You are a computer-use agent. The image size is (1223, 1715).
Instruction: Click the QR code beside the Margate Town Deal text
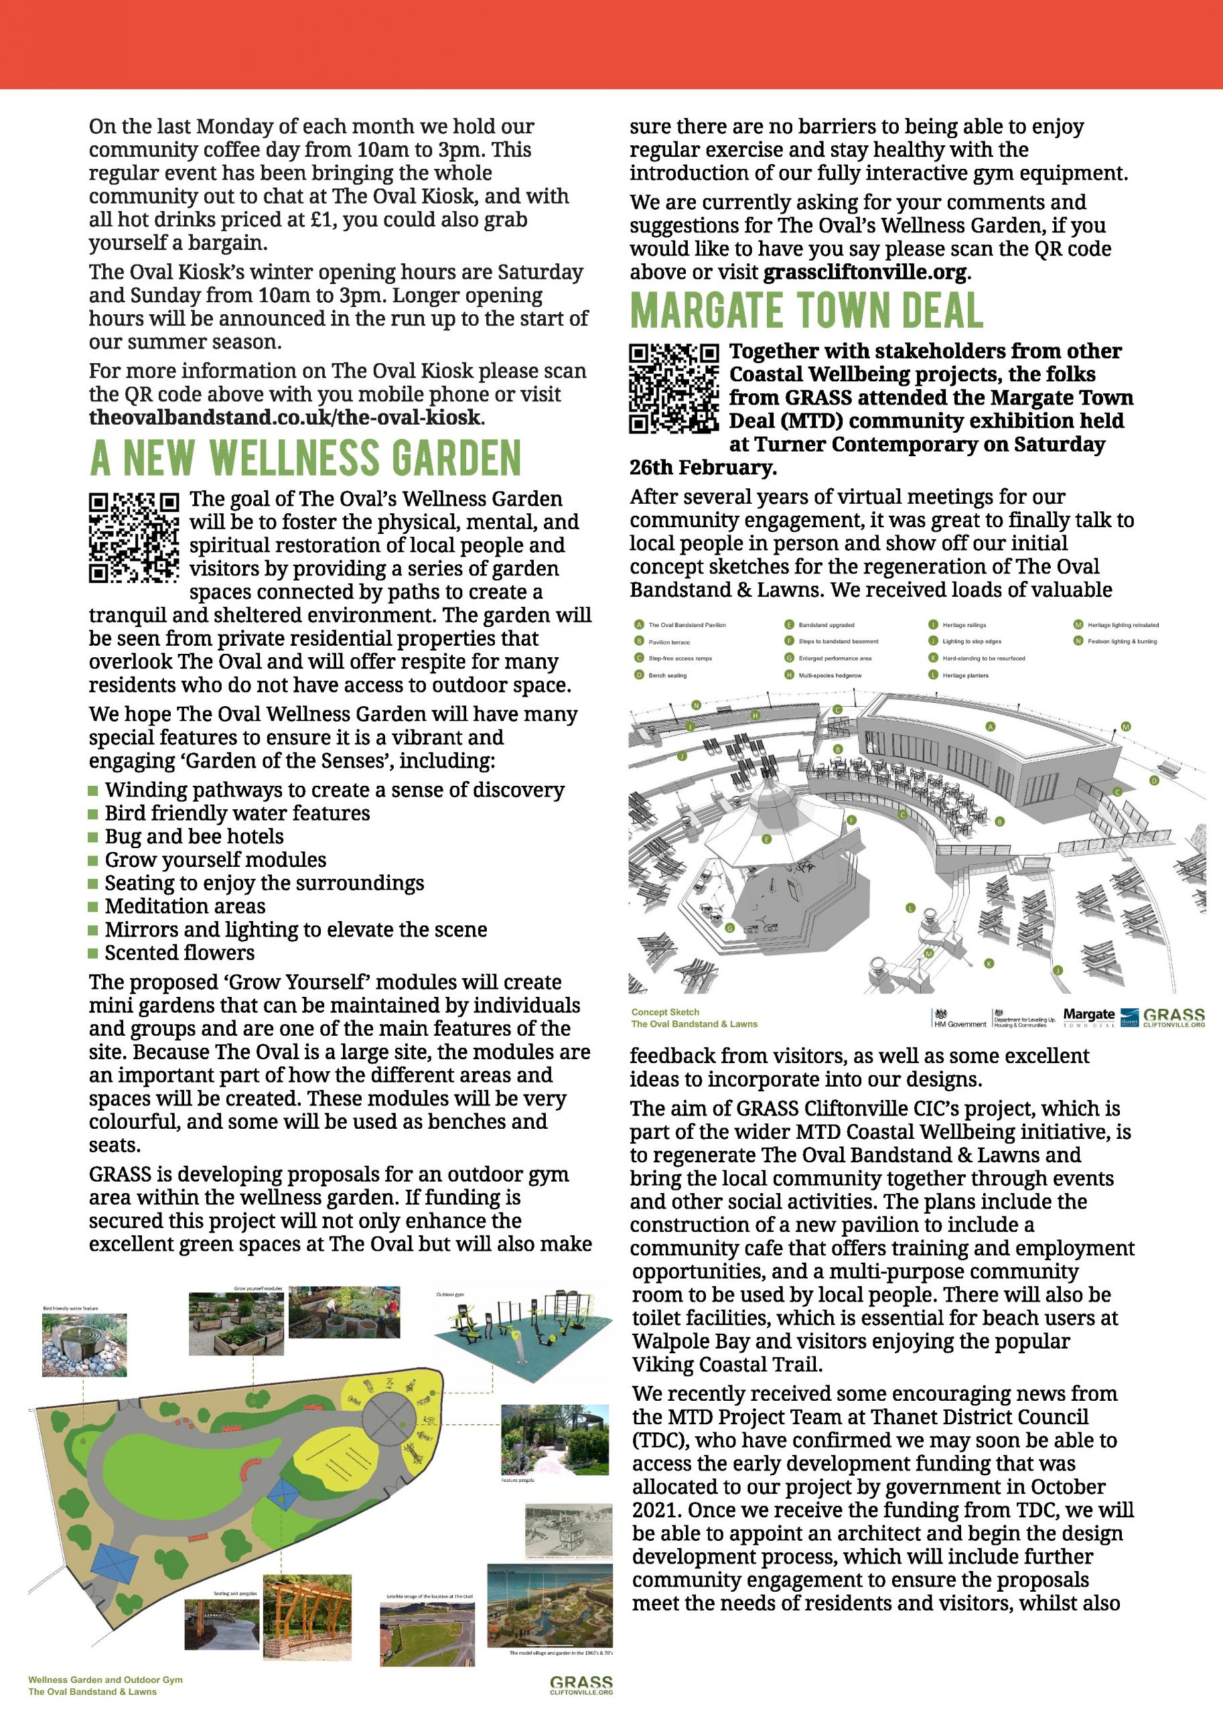[674, 389]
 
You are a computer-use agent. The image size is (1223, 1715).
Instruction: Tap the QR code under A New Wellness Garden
[134, 537]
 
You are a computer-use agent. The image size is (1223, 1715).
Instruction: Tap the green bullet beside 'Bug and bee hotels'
[93, 837]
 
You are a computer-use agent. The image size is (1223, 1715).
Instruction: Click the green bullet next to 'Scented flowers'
[93, 953]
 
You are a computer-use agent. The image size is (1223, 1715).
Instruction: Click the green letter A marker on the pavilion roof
[991, 727]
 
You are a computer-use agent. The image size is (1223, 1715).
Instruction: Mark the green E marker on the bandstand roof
[768, 838]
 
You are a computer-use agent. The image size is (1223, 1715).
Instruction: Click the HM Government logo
[958, 1018]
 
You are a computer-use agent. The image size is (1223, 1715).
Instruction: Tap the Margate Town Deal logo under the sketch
[1088, 1018]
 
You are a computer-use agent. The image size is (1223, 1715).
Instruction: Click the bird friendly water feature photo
[84, 1345]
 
